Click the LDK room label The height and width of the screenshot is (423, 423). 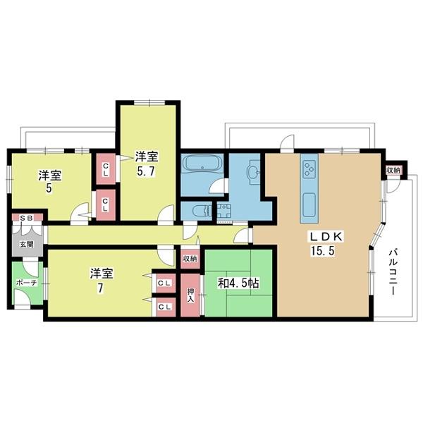(x=326, y=237)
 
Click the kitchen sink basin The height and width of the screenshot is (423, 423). (x=309, y=204)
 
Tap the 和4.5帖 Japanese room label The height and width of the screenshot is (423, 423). (x=238, y=283)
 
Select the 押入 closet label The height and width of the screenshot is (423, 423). (x=191, y=295)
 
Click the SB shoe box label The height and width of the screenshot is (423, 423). (x=27, y=218)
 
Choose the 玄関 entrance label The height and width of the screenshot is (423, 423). (x=27, y=245)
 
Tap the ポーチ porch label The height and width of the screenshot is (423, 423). (x=26, y=283)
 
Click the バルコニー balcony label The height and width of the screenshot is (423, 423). (x=393, y=272)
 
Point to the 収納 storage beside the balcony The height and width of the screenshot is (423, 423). (x=393, y=171)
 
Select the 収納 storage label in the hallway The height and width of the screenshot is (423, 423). (x=190, y=259)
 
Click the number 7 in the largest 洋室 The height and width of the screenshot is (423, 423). (x=100, y=288)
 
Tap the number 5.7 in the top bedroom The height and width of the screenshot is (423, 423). (x=146, y=171)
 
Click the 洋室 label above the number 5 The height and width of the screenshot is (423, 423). (x=50, y=176)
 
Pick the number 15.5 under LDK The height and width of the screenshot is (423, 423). (x=323, y=251)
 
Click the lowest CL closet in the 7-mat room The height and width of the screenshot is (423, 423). (x=164, y=307)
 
